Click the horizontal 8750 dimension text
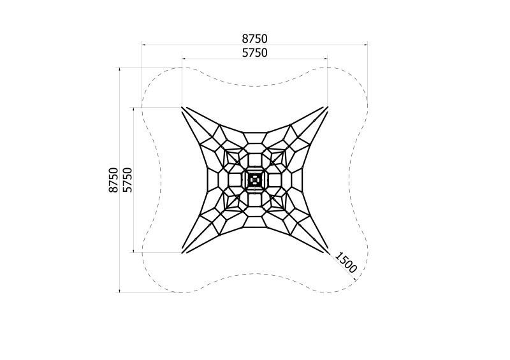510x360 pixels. click(254, 39)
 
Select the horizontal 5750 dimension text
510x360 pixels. click(254, 53)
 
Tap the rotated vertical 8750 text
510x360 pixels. click(113, 180)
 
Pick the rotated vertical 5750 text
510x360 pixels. click(127, 180)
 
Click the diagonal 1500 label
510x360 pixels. click(346, 262)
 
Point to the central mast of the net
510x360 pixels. click(254, 180)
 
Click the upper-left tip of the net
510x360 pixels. click(182, 107)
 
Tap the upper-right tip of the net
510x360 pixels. click(327, 107)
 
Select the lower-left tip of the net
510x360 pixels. click(182, 252)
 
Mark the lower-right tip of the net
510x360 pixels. click(327, 252)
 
